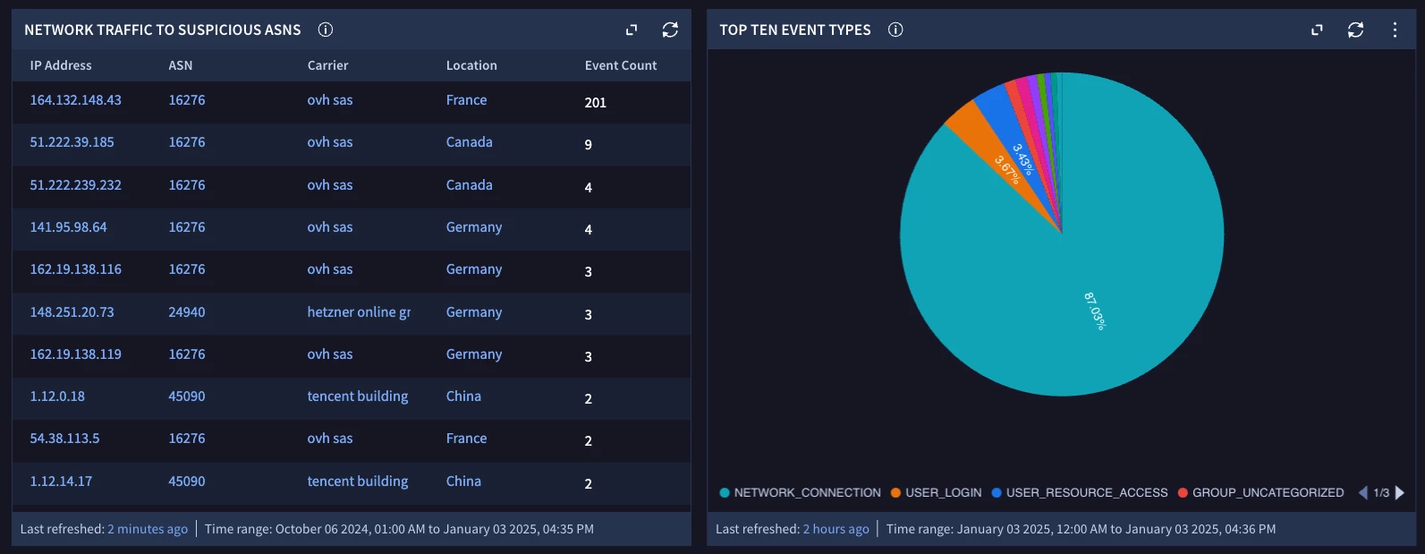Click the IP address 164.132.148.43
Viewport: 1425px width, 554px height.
[76, 100]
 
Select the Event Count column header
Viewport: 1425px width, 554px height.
[620, 65]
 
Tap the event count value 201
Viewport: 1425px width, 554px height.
[596, 103]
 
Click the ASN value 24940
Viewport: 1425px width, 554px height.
[186, 312]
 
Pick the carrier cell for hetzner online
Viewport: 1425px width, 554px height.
[359, 312]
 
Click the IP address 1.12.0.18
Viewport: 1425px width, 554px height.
[57, 396]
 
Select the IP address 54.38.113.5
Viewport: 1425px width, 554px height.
[65, 439]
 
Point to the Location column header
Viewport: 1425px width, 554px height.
[471, 65]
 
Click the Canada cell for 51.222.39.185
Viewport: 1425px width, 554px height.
[469, 142]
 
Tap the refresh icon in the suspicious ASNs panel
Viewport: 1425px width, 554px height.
[670, 30]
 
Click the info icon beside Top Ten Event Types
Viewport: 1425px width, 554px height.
[895, 30]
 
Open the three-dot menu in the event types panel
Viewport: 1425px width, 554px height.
[1395, 30]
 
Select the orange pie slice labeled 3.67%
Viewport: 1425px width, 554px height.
[992, 153]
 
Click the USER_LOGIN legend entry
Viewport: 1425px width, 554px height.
[936, 493]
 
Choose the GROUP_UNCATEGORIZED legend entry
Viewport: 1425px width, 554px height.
[1261, 493]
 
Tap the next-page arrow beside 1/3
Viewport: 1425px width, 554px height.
[1400, 493]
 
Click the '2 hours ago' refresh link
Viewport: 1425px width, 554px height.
[835, 529]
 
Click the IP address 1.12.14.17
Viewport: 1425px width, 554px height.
[61, 482]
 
